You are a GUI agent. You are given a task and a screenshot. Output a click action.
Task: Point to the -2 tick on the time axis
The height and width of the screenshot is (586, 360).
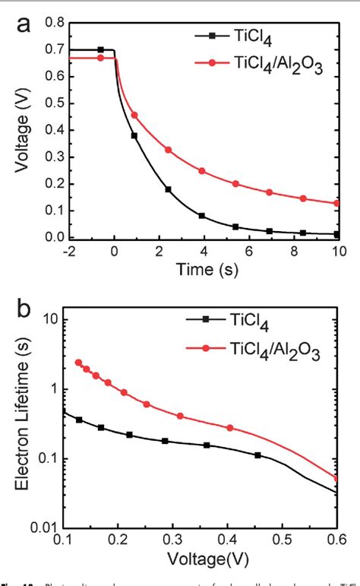68,252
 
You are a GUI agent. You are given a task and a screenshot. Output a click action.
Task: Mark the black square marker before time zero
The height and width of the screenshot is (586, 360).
101,50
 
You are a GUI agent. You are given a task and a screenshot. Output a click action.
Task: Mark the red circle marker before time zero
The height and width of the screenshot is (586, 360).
101,58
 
